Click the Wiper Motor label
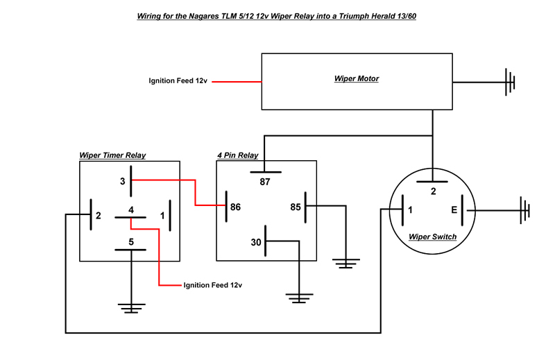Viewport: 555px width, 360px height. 357,79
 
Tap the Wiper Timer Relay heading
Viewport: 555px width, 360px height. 112,155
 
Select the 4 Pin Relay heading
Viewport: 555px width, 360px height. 238,155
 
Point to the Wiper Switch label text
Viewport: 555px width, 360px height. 432,237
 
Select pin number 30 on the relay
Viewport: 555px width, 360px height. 257,242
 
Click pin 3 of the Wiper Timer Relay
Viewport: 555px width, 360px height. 122,181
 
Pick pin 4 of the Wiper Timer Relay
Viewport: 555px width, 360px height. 130,209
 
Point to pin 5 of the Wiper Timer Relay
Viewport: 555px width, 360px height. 130,242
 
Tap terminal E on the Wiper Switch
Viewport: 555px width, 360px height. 454,209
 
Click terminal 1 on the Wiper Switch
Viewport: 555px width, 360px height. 410,209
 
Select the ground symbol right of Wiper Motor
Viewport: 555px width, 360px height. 511,82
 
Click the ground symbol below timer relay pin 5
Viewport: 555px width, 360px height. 130,306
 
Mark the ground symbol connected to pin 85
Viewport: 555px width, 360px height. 345,263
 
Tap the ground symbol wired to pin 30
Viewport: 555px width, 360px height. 298,298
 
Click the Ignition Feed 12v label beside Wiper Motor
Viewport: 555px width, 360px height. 178,81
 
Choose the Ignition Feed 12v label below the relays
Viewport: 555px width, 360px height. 212,285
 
